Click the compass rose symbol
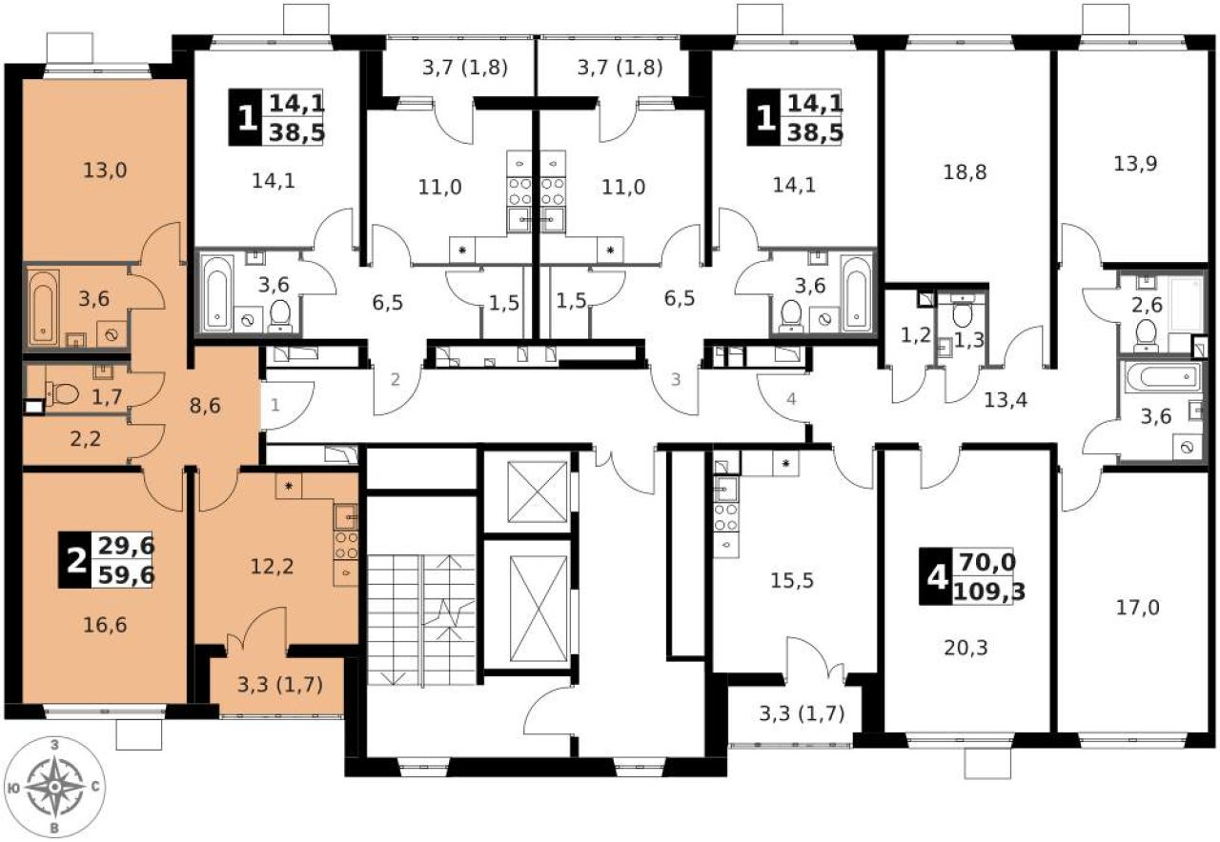tap(55, 787)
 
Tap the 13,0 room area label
tap(105, 170)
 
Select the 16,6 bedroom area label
tap(105, 626)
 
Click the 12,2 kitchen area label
tap(272, 567)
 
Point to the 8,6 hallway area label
tap(205, 406)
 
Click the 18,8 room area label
tap(965, 172)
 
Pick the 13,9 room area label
tap(1135, 163)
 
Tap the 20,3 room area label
tap(966, 649)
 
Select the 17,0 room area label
tap(1138, 608)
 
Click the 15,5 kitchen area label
tap(792, 581)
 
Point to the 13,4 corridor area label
tap(1006, 401)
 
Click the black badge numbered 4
tap(936, 577)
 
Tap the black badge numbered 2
tap(74, 560)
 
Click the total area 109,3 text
tap(989, 591)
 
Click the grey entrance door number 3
tap(676, 379)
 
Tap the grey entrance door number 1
tap(275, 405)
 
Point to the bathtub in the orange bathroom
tap(44, 308)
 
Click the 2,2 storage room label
tap(86, 438)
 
